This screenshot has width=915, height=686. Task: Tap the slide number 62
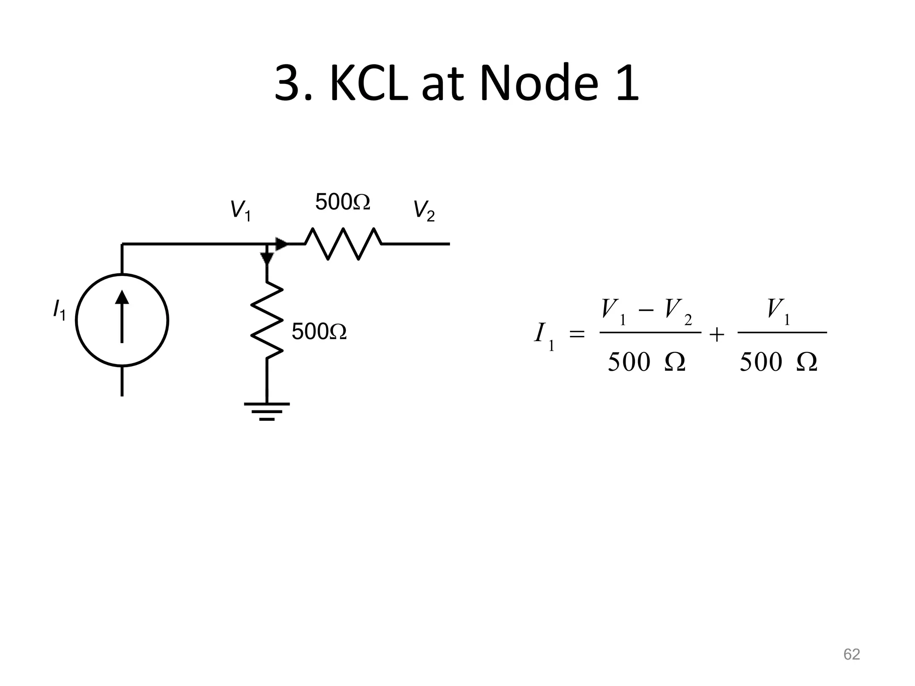coord(851,654)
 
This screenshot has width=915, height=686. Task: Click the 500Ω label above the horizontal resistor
coord(343,202)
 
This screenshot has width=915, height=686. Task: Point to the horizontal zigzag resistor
coord(343,244)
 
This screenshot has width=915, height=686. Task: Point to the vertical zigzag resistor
coord(267,320)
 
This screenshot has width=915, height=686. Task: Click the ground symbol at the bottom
coord(267,411)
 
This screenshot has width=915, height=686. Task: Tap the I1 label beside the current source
coord(59,310)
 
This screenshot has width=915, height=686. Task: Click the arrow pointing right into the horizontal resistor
coord(281,244)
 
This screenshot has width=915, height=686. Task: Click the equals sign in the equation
coord(577,334)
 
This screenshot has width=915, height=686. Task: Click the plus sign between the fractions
coord(717,334)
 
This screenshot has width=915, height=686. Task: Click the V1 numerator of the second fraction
coord(778,310)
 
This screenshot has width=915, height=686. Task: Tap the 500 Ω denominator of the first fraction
coord(646,362)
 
